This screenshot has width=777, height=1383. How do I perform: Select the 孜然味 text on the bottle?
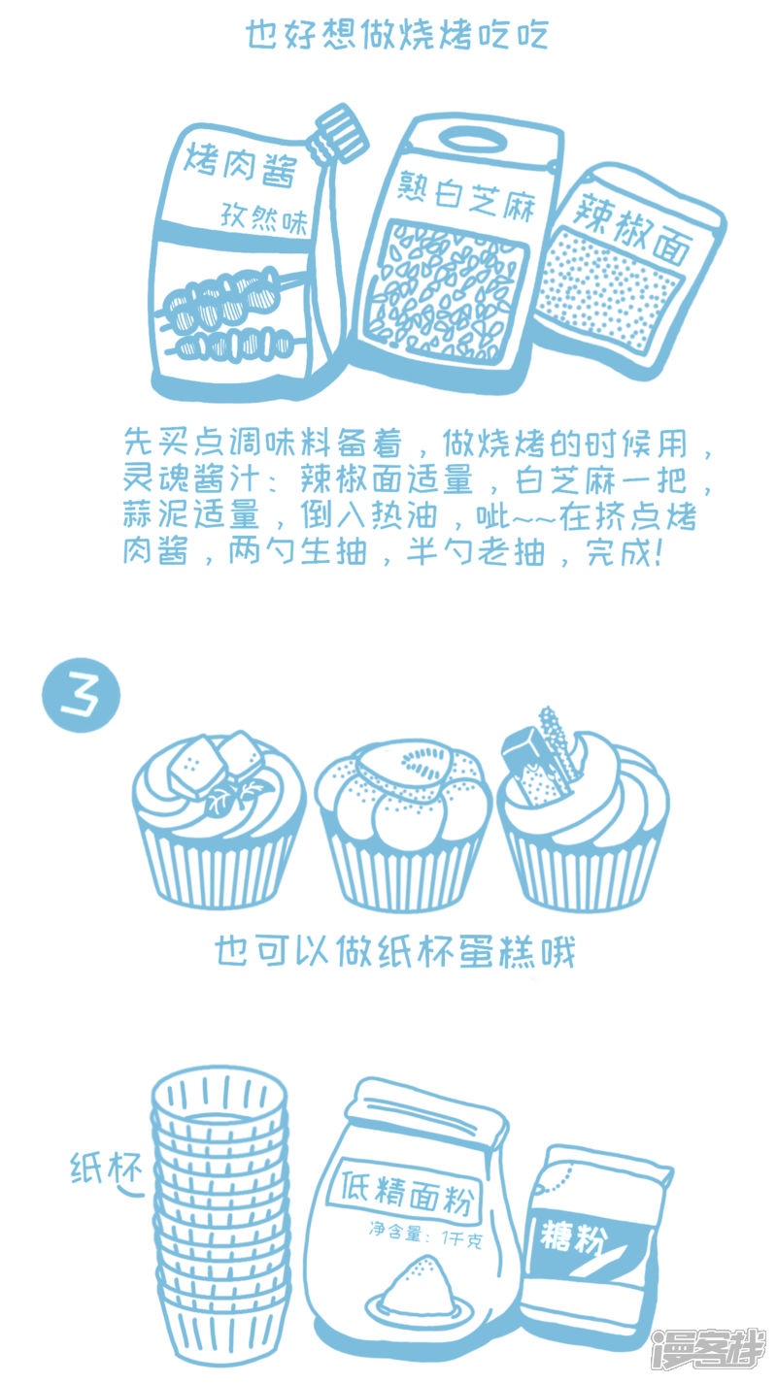(x=264, y=218)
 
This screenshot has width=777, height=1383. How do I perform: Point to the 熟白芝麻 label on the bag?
(x=465, y=195)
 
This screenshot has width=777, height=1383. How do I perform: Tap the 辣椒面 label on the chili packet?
(x=632, y=227)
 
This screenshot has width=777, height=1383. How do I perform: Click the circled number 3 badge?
(x=81, y=696)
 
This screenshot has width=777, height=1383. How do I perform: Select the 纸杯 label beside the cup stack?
(x=106, y=1168)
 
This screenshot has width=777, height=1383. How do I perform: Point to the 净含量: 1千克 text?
(x=425, y=1235)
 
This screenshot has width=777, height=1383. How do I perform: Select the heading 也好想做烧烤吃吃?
(x=396, y=35)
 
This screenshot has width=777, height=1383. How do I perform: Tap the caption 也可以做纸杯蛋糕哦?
(x=395, y=951)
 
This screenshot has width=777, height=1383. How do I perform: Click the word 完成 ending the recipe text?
(x=619, y=551)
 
